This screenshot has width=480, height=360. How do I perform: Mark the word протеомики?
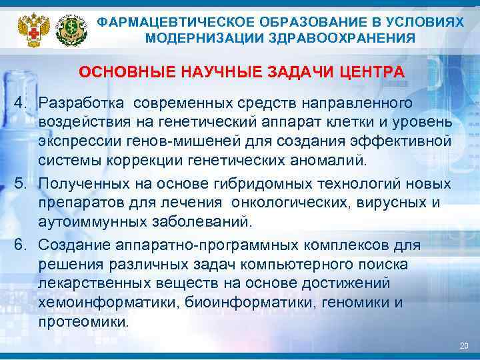83,321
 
